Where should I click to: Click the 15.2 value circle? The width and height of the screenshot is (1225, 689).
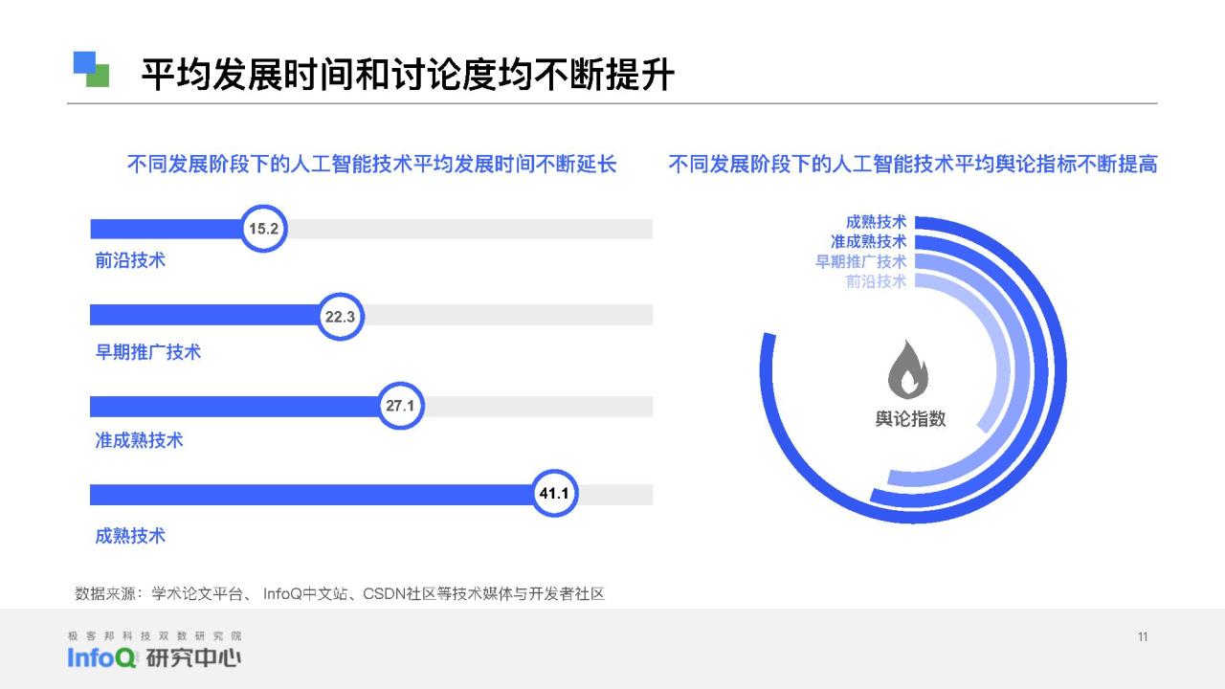pos(263,229)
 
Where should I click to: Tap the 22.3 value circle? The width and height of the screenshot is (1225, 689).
pos(340,317)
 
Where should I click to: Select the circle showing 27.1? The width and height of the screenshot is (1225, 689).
pos(400,406)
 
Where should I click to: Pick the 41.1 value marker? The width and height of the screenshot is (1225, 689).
pos(554,493)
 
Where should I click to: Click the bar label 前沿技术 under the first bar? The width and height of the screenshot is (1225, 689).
pos(130,260)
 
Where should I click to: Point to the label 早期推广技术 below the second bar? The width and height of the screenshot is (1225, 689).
pos(148,351)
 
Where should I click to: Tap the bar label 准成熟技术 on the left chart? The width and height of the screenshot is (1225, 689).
pos(139,440)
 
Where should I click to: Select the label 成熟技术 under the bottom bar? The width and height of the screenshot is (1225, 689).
pos(130,536)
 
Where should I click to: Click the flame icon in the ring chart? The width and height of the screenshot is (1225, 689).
pos(908,369)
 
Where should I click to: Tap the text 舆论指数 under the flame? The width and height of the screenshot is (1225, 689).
pos(910,419)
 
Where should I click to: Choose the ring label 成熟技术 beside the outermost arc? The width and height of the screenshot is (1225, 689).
pos(876,222)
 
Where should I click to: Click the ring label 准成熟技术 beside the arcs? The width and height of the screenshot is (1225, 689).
pos(868,242)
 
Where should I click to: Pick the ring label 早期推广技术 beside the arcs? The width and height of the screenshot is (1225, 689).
pos(860,261)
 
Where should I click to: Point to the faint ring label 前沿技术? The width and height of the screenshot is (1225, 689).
pos(876,281)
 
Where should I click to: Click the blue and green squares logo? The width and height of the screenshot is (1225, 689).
pos(91,70)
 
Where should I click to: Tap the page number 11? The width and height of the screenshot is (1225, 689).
pos(1143,637)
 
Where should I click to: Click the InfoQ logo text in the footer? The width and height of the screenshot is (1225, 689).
pos(101,657)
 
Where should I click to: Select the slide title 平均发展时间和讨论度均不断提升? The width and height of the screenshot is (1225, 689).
pos(408,75)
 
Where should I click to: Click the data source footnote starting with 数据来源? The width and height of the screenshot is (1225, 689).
pos(340,594)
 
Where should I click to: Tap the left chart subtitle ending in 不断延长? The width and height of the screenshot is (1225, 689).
pos(372,164)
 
